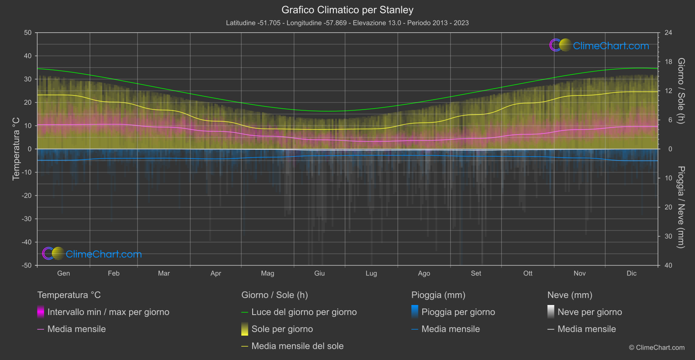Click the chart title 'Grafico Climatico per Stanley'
tap(347, 10)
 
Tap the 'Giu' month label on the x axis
tap(319, 273)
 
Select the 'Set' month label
tap(476, 273)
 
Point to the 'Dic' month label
tap(631, 273)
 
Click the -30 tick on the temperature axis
tap(27, 219)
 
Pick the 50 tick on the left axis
tap(28, 33)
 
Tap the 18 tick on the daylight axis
tap(668, 62)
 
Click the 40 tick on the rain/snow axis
tap(668, 265)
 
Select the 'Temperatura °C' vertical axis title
tap(16, 148)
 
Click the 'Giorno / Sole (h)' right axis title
tap(681, 91)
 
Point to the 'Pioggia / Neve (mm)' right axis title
tap(681, 207)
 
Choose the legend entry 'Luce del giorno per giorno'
tap(304, 312)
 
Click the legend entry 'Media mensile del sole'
tap(297, 346)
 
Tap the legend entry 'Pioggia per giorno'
tap(458, 312)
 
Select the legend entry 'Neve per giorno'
tap(589, 312)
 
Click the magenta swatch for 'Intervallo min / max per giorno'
tap(41, 312)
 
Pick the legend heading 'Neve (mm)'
tap(570, 295)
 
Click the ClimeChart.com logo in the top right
tap(599, 45)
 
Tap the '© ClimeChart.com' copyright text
tap(657, 347)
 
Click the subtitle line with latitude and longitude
tap(347, 23)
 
